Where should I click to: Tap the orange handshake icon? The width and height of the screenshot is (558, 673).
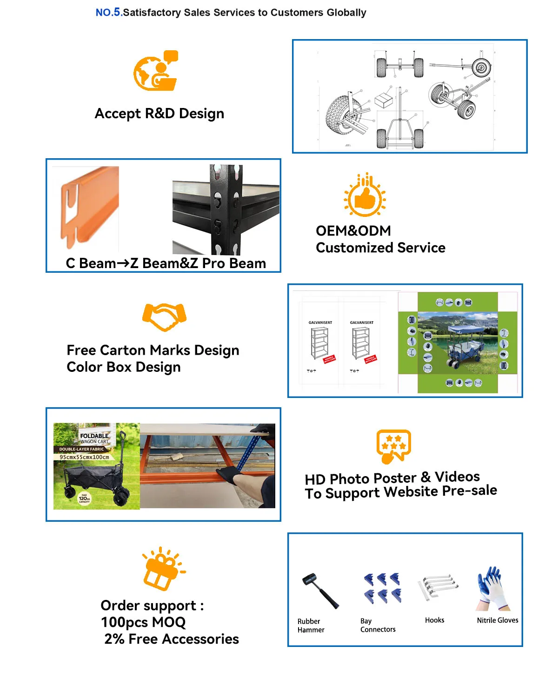(164, 316)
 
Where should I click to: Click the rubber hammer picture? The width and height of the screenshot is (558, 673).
(320, 590)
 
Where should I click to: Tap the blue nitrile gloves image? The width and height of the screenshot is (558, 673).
(493, 588)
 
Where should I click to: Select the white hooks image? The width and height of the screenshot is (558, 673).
(437, 587)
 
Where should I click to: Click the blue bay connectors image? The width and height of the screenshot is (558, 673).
(382, 588)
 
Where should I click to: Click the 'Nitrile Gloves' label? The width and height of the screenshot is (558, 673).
(498, 620)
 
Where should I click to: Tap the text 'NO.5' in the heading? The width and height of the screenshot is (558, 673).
(109, 13)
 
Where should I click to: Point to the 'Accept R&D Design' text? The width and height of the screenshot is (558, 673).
(159, 114)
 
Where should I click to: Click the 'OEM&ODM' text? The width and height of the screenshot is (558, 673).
(353, 231)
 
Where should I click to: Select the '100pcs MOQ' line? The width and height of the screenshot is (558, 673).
(143, 622)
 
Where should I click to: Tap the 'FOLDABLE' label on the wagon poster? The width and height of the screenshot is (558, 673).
(94, 436)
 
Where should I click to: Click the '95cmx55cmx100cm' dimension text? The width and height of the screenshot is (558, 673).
(84, 457)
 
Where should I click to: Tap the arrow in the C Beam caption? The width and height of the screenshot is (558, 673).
(123, 263)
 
